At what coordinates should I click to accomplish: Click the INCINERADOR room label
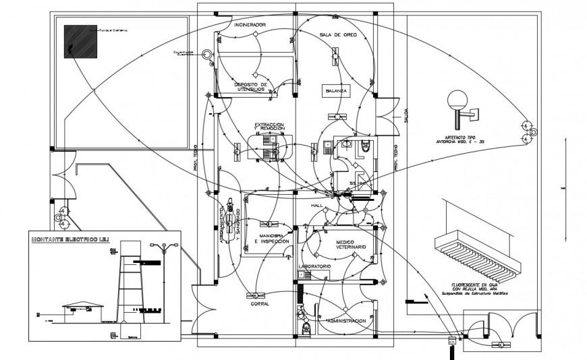coord(250,25)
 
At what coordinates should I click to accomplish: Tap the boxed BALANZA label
coord(336,90)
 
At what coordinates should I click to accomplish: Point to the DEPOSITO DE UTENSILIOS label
coord(250,88)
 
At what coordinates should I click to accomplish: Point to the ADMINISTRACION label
coord(345,321)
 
